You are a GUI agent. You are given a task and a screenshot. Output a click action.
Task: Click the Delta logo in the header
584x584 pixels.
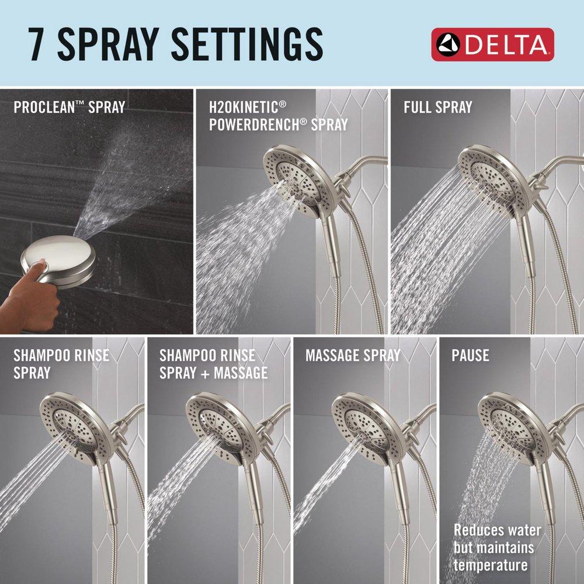click(x=492, y=44)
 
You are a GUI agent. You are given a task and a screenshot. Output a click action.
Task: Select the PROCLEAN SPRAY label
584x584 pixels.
click(x=69, y=107)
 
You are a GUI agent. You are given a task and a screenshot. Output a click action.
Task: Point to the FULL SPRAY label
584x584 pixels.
click(x=437, y=107)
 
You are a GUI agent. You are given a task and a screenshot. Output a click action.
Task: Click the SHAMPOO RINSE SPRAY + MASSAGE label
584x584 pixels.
click(x=213, y=364)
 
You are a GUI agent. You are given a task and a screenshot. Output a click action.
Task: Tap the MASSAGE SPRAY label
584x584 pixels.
click(x=352, y=355)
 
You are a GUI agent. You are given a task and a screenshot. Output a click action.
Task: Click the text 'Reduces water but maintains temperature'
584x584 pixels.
click(x=497, y=548)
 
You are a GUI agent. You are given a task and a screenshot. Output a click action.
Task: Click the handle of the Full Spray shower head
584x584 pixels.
click(x=526, y=245)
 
